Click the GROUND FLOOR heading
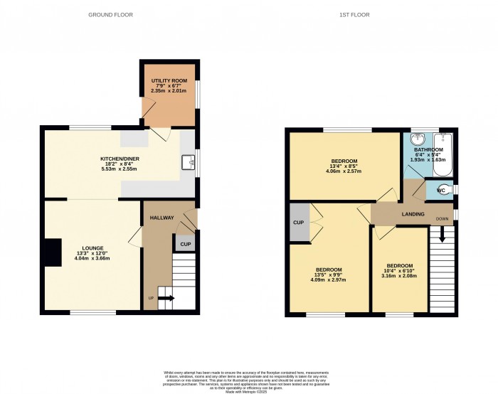click(110, 14)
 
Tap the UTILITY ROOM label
click(169, 81)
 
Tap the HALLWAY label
click(161, 218)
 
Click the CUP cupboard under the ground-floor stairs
click(185, 245)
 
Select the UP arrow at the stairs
click(165, 298)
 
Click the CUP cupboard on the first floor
click(298, 223)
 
